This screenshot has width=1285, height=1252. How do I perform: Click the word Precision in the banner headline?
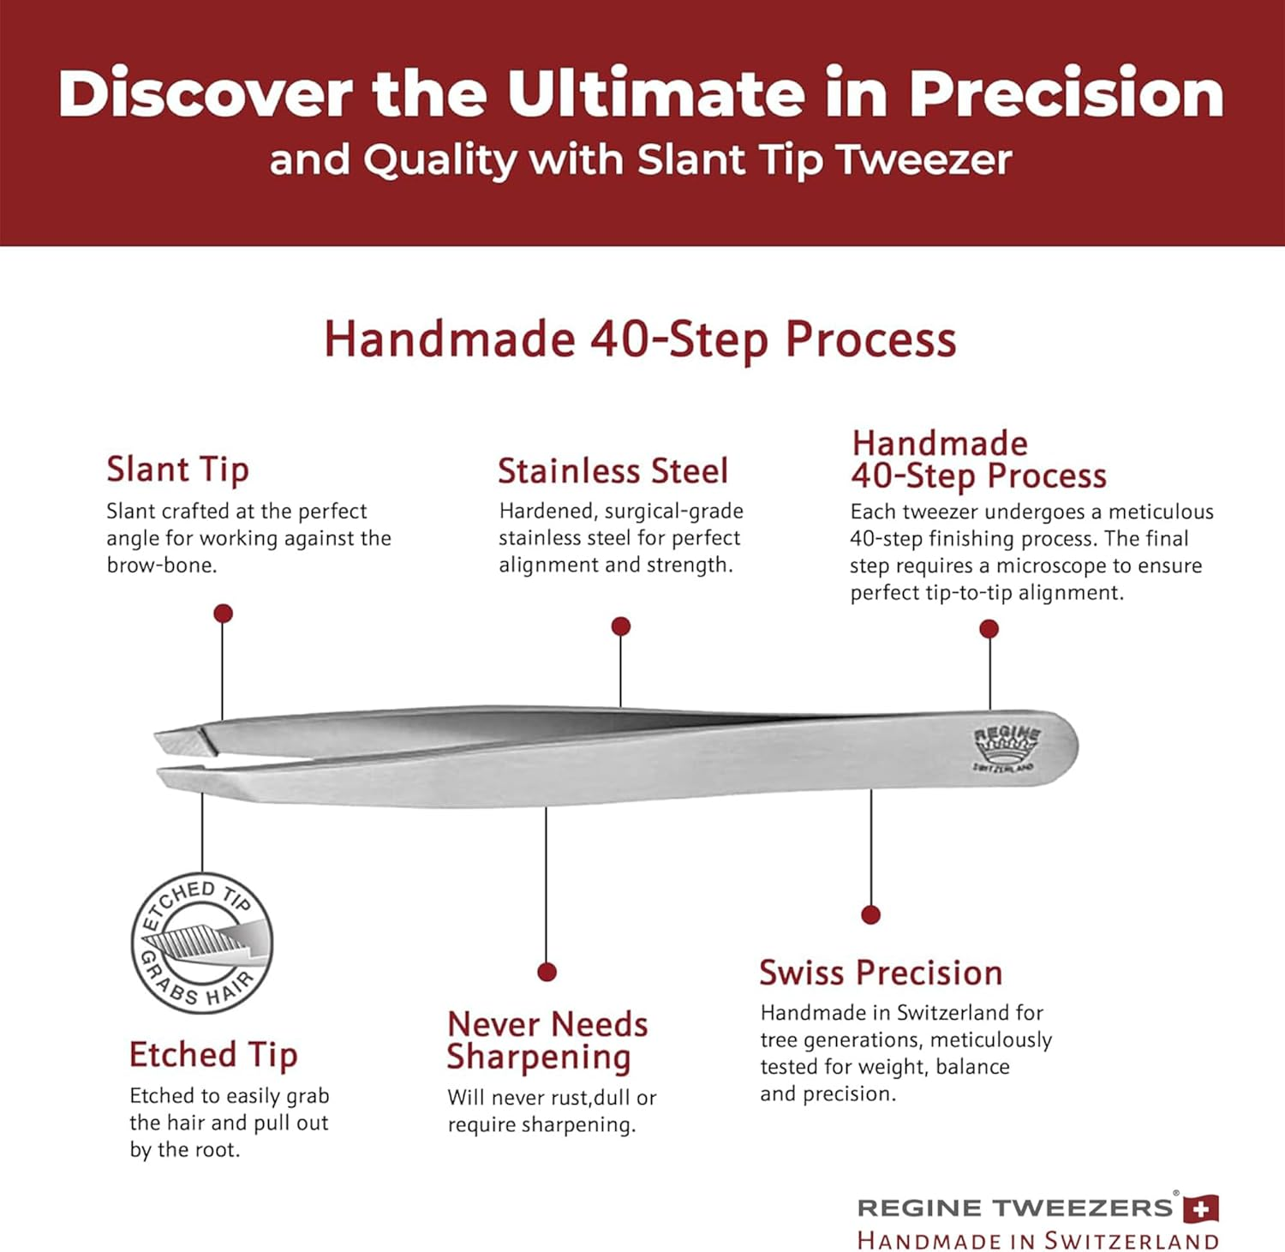coord(1066,93)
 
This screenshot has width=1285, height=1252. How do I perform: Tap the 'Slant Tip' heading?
coord(177,470)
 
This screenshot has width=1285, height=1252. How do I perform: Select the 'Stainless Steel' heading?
coord(613,471)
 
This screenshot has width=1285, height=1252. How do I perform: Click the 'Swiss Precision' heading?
coord(881,973)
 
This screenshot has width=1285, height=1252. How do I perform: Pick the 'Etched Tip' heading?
coord(213,1055)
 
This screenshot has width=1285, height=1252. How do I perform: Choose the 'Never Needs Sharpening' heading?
coord(547,1040)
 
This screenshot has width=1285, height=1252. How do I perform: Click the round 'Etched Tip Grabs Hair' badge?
coord(202,943)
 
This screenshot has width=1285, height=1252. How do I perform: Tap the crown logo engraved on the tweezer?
coord(1006,747)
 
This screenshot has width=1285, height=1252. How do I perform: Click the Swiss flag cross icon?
coord(1201,1209)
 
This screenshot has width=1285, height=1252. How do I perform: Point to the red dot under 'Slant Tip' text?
coord(223,614)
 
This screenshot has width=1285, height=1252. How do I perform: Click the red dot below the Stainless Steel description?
coord(621,626)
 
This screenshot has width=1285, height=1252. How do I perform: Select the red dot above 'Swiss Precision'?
coord(871,914)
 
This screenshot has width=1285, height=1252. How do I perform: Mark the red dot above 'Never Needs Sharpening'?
coord(547,972)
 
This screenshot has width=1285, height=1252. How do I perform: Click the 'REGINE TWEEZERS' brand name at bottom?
coord(1015,1208)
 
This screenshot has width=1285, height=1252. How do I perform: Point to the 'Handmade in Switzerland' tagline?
coord(1037,1240)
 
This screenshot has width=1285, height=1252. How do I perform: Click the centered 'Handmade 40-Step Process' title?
coord(640,339)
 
